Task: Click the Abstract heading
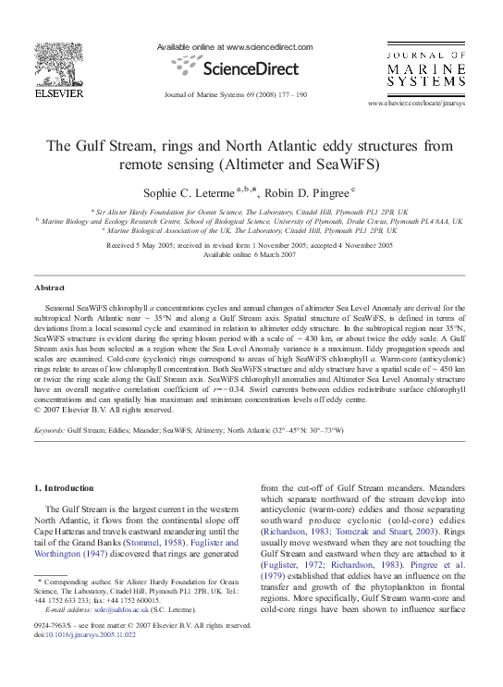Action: pos(49,288)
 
